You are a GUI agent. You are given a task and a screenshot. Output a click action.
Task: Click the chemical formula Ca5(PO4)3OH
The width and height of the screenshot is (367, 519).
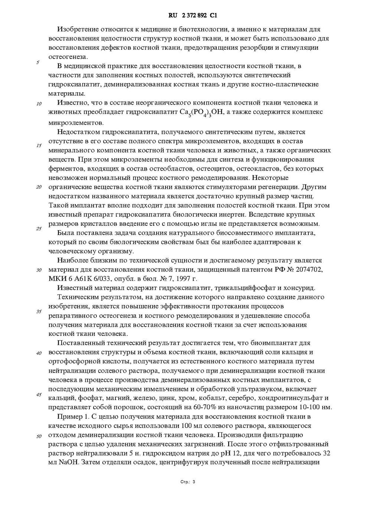click(x=200, y=113)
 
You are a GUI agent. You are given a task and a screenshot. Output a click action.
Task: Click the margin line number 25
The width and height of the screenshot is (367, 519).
click(x=39, y=228)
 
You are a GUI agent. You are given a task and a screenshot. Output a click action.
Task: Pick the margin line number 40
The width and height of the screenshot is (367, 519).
click(x=39, y=353)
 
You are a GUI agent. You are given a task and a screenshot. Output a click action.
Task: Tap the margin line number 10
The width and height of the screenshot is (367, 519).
click(x=39, y=104)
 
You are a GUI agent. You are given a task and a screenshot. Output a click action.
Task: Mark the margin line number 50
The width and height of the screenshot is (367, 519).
click(x=39, y=436)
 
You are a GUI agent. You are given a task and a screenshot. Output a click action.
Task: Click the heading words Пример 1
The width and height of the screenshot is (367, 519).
click(x=73, y=417)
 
